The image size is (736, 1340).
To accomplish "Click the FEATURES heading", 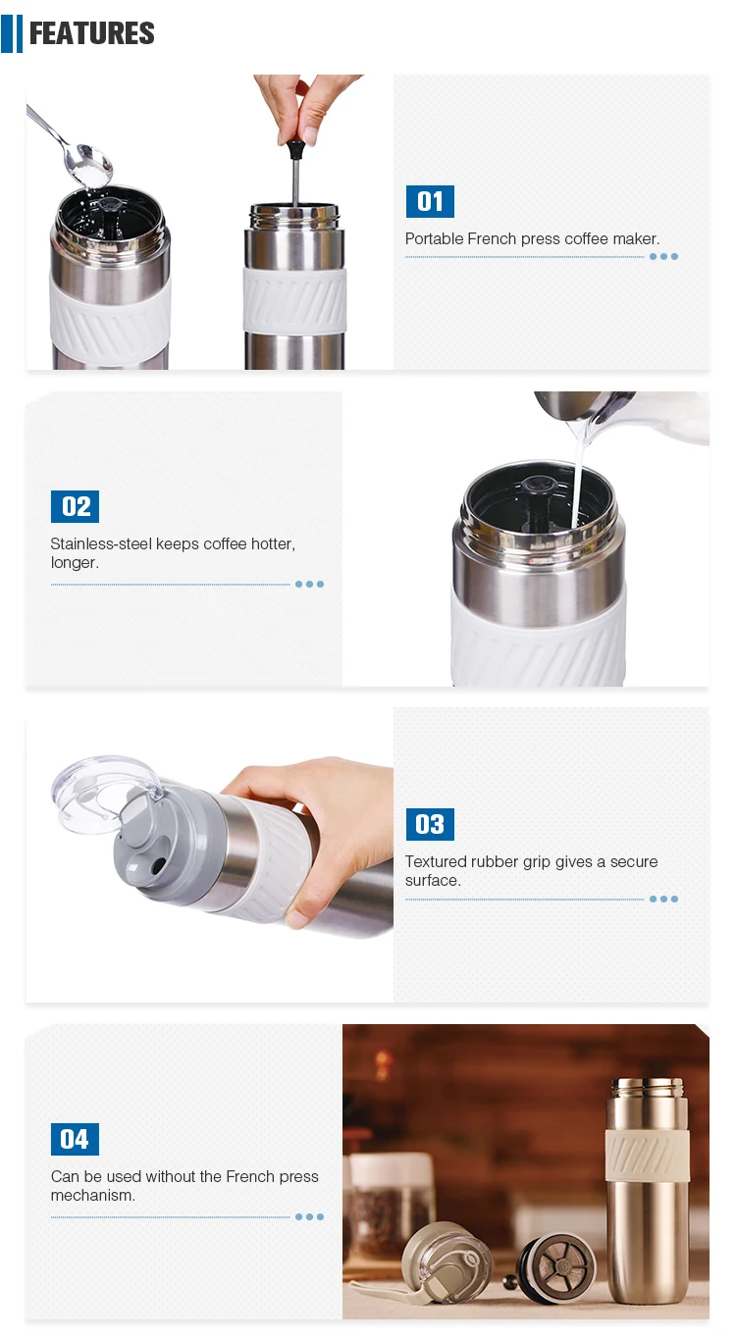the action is point(91,33).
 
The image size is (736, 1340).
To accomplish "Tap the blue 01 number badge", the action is point(430,201).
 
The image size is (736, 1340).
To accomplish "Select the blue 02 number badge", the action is point(75,507).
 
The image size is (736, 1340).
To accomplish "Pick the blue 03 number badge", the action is point(430,824).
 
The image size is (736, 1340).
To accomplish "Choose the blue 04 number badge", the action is point(75,1139).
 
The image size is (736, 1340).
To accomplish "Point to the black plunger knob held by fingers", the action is point(294,148).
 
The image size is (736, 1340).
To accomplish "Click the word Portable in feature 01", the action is point(434,239).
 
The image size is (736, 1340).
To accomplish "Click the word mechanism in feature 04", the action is point(92,1195).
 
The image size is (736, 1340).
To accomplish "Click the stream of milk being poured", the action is point(578,478).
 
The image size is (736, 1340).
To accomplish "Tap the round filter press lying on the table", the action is point(556,1268).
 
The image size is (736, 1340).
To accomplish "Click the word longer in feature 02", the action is point(75,563).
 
